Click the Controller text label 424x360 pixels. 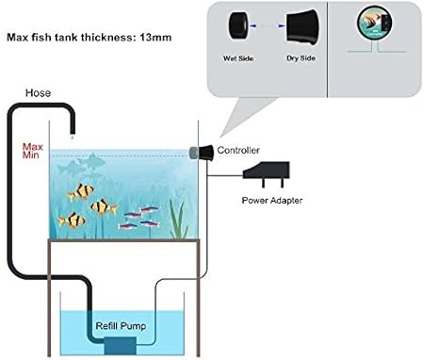[239, 150]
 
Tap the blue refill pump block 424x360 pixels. [117, 344]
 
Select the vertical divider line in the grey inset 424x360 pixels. [326, 48]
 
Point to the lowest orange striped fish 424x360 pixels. [72, 221]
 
